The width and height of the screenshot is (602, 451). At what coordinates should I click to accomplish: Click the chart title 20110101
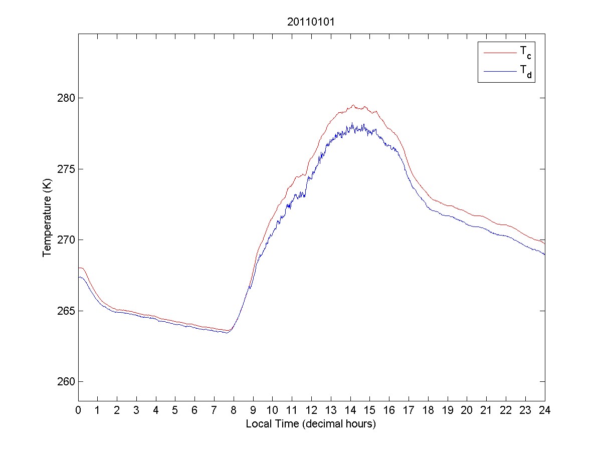pyautogui.click(x=311, y=23)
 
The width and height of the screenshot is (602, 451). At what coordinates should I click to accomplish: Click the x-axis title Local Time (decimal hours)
pyautogui.click(x=311, y=424)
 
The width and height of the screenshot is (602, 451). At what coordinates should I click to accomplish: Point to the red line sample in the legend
pyautogui.click(x=499, y=52)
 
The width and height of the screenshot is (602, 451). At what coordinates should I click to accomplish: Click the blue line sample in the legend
pyautogui.click(x=499, y=72)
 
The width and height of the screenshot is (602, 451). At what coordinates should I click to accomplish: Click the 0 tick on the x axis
pyautogui.click(x=78, y=409)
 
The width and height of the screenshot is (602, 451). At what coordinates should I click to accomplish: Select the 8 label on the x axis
pyautogui.click(x=234, y=409)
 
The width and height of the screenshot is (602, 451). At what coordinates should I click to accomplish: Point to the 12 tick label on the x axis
pyautogui.click(x=311, y=409)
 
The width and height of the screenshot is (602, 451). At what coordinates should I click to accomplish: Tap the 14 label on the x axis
pyautogui.click(x=350, y=409)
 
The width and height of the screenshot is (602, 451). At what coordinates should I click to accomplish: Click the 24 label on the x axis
pyautogui.click(x=545, y=409)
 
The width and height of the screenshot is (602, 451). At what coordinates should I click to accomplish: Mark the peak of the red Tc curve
pyautogui.click(x=353, y=105)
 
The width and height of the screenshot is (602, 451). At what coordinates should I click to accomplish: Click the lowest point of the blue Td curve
pyautogui.click(x=227, y=333)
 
